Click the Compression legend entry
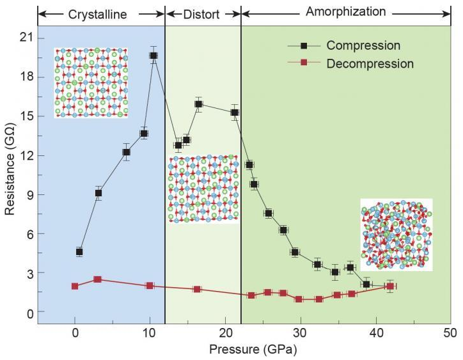click(x=363, y=46)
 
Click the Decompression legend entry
click(x=369, y=64)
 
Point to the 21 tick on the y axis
click(x=26, y=38)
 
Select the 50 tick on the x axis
click(x=450, y=333)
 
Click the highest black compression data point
click(x=153, y=56)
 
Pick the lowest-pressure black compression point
click(x=79, y=252)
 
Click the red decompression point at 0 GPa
click(x=75, y=286)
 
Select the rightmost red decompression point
click(x=390, y=286)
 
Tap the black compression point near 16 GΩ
click(x=198, y=104)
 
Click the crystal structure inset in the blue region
click(x=91, y=82)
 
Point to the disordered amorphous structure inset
click(x=396, y=234)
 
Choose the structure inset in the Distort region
click(x=203, y=188)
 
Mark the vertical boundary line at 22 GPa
click(x=241, y=192)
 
